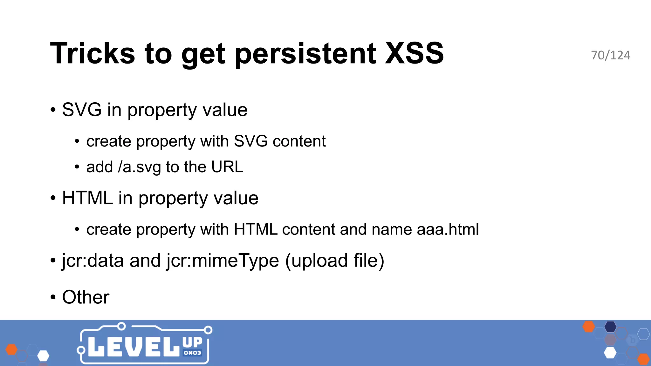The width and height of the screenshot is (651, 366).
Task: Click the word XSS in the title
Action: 414,53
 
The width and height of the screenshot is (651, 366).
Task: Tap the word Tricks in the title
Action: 93,53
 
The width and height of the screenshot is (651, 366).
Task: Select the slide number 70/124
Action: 610,55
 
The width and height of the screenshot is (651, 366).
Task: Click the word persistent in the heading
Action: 305,54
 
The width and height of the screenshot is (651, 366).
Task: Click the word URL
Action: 227,167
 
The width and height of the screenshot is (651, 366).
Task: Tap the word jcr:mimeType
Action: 223,261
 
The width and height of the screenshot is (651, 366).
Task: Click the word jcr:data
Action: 93,261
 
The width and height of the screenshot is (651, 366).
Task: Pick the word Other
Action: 86,297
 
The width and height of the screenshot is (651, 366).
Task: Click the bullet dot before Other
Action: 53,297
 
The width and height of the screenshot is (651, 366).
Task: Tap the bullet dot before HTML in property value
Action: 53,198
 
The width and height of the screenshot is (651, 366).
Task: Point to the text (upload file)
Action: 335,261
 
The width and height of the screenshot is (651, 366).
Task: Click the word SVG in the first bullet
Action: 82,110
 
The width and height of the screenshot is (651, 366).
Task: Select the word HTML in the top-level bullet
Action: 87,198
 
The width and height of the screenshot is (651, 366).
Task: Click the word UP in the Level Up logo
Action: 192,342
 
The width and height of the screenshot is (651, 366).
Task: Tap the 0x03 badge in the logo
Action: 192,353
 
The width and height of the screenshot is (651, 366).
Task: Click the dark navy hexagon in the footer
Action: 610,327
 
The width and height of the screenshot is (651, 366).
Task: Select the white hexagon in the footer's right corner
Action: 610,353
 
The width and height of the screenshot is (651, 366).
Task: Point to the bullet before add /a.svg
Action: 77,167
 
